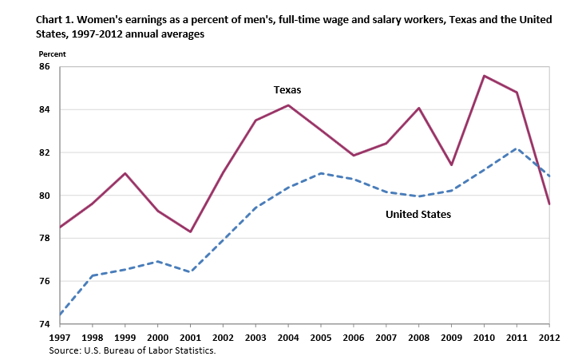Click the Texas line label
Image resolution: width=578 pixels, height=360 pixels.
287,89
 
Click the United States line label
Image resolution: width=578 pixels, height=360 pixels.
418,214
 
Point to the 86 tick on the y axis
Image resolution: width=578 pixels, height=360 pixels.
44,67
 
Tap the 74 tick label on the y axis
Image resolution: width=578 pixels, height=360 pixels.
44,325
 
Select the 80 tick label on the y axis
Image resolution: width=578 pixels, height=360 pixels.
44,196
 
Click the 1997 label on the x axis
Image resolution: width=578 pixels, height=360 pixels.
60,337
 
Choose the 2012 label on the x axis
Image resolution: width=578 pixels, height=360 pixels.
549,337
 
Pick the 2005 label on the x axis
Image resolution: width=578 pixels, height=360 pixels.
321,337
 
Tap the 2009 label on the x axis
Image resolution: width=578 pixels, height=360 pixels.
451,337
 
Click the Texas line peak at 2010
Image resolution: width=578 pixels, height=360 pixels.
484,76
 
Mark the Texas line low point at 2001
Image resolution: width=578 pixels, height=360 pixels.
191,231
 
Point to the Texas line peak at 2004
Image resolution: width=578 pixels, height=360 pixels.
288,105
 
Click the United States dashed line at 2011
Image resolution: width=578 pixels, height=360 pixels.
517,148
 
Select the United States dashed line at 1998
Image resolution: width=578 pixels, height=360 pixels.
93,275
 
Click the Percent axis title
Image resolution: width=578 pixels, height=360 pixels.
52,53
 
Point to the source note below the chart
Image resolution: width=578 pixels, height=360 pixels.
132,350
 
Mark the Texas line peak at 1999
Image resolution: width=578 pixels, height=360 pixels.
125,173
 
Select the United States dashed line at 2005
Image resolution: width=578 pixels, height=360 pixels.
321,173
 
